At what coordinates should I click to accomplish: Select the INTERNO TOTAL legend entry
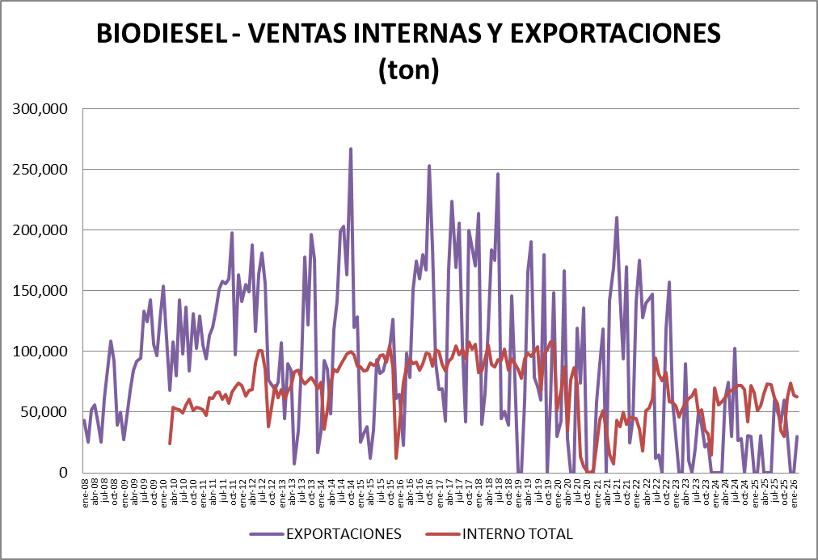coord(517,534)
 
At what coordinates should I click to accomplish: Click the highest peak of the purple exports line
coord(351,149)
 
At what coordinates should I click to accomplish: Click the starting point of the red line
coord(170,443)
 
